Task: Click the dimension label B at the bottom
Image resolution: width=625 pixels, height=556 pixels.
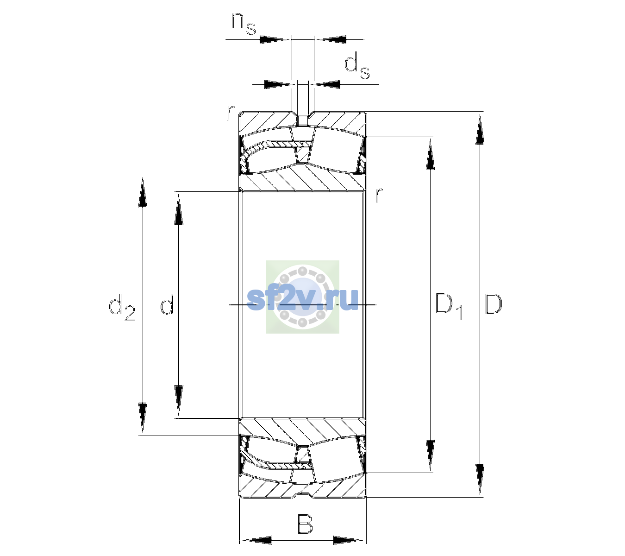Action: (305, 524)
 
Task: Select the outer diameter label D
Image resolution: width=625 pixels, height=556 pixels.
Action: (494, 304)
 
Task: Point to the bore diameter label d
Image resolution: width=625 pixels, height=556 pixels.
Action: (167, 304)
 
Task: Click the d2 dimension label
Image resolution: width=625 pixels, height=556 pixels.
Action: (122, 307)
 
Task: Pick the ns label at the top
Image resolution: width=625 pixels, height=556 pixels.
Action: (244, 24)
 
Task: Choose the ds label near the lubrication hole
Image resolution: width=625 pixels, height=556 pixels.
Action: (357, 65)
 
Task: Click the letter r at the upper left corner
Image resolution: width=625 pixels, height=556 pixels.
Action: (231, 113)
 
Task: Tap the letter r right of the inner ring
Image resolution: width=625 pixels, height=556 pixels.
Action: (379, 195)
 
